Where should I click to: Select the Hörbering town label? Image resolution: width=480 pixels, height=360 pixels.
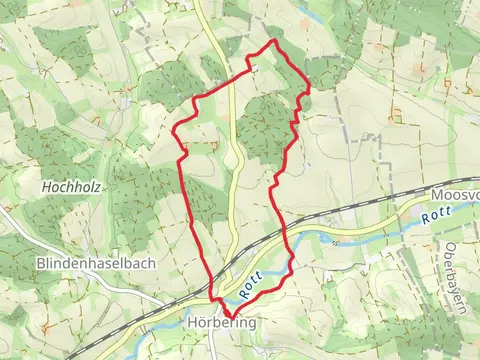click(x=222, y=324)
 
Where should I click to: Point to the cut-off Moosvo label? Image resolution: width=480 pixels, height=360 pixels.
click(x=456, y=195)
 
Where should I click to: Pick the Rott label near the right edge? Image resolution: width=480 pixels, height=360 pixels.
click(x=436, y=216)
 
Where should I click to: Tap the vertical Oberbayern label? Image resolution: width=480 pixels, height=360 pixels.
click(x=451, y=264)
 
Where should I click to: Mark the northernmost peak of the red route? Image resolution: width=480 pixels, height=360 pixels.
click(x=273, y=41)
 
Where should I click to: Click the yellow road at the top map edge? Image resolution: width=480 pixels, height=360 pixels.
click(x=197, y=3)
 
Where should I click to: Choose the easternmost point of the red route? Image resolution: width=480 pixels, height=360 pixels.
click(x=308, y=89)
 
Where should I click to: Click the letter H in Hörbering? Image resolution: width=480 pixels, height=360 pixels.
click(x=192, y=324)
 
